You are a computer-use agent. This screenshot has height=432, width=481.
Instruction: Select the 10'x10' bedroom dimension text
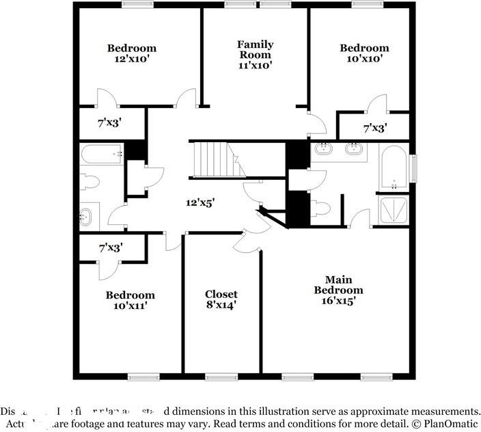pos(364,59)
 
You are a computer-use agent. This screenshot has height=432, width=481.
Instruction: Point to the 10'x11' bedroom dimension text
pos(130,306)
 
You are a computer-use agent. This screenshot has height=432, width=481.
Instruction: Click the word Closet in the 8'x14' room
pos(221,295)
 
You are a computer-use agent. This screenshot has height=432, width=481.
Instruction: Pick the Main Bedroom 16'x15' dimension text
pos(334,300)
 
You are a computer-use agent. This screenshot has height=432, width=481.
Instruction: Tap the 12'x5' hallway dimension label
pos(201,202)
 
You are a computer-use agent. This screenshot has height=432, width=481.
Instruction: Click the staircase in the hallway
pos(210,159)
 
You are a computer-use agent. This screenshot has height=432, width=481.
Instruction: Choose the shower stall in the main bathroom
pos(394,211)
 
